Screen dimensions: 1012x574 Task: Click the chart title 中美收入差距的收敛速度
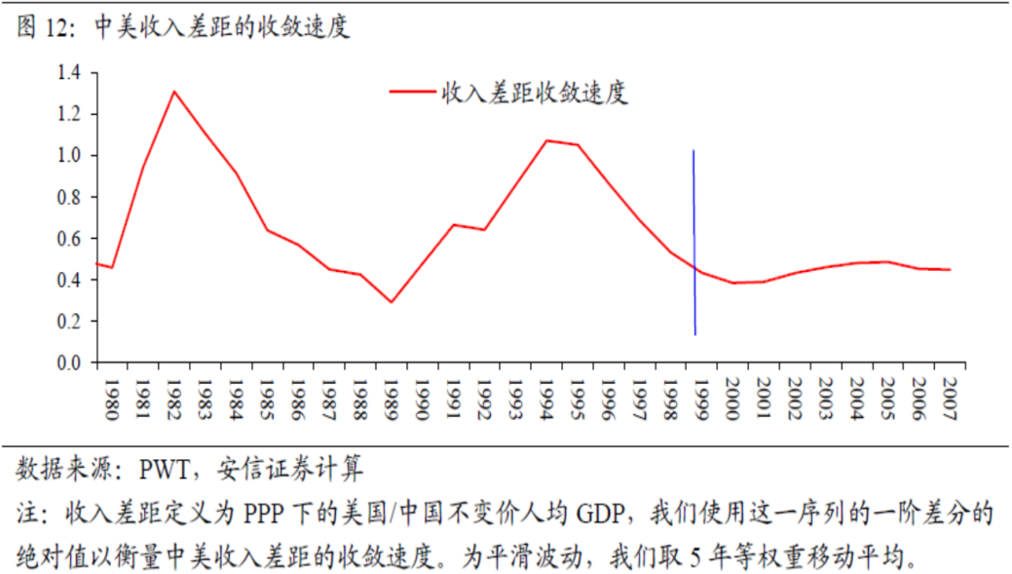222,26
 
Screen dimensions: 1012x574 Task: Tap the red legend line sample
412,92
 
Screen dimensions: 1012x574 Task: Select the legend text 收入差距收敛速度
535,93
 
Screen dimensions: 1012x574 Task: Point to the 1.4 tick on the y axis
69,72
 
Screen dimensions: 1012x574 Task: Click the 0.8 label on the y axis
69,197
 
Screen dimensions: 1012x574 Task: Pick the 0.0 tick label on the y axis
69,363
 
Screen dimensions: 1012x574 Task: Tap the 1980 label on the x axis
112,399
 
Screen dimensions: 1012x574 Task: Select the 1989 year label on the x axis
392,399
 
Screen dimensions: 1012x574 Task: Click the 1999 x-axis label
701,399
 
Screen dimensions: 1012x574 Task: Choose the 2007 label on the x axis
950,399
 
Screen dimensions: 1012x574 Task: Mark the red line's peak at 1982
174,92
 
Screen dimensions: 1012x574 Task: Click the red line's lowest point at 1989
392,301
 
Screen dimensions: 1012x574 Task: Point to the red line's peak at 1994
546,140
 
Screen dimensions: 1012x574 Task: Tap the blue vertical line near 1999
694,242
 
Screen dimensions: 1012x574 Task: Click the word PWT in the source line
165,470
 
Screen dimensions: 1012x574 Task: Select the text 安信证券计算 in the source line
290,469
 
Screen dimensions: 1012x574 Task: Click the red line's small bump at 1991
454,225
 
